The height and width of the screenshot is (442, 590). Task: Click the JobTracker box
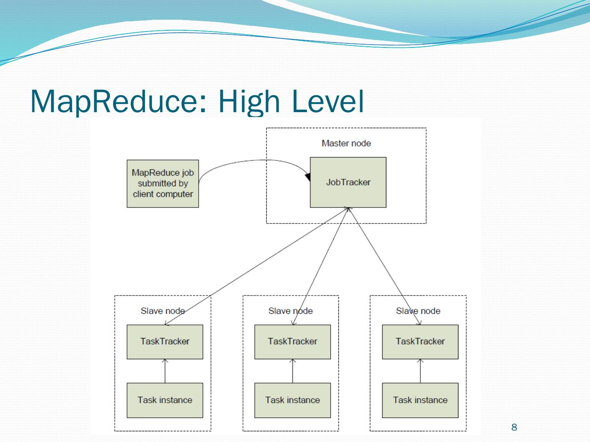pyautogui.click(x=348, y=183)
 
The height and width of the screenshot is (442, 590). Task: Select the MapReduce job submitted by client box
pyautogui.click(x=163, y=184)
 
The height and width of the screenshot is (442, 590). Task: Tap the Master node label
pyautogui.click(x=346, y=143)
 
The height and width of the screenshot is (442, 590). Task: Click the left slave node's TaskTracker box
pyautogui.click(x=165, y=342)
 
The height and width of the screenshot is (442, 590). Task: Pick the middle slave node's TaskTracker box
pyautogui.click(x=293, y=342)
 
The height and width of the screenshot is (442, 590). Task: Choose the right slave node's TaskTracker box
pyautogui.click(x=420, y=342)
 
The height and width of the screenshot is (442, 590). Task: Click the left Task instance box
pyautogui.click(x=165, y=400)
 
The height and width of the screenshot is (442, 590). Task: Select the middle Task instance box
pyautogui.click(x=293, y=400)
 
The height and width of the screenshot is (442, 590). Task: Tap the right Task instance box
pyautogui.click(x=420, y=400)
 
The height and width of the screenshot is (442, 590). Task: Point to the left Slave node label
pyautogui.click(x=163, y=311)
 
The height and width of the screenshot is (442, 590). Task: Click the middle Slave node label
pyautogui.click(x=290, y=311)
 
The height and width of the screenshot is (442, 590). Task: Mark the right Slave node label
pyautogui.click(x=418, y=311)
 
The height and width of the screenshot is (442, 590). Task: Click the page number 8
pyautogui.click(x=514, y=428)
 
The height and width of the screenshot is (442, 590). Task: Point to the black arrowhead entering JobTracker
pyautogui.click(x=308, y=177)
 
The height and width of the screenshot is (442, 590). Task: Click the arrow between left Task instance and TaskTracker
pyautogui.click(x=165, y=371)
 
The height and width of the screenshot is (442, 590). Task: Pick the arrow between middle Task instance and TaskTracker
pyautogui.click(x=293, y=371)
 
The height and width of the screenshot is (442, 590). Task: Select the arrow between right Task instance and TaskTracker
pyautogui.click(x=420, y=371)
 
